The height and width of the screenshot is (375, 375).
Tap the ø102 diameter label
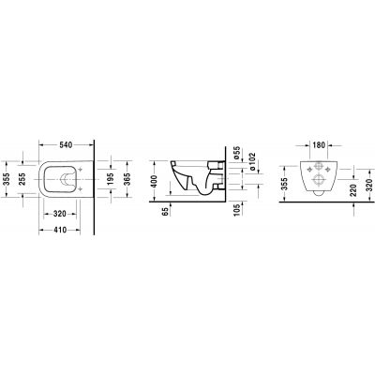click(x=250, y=163)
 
